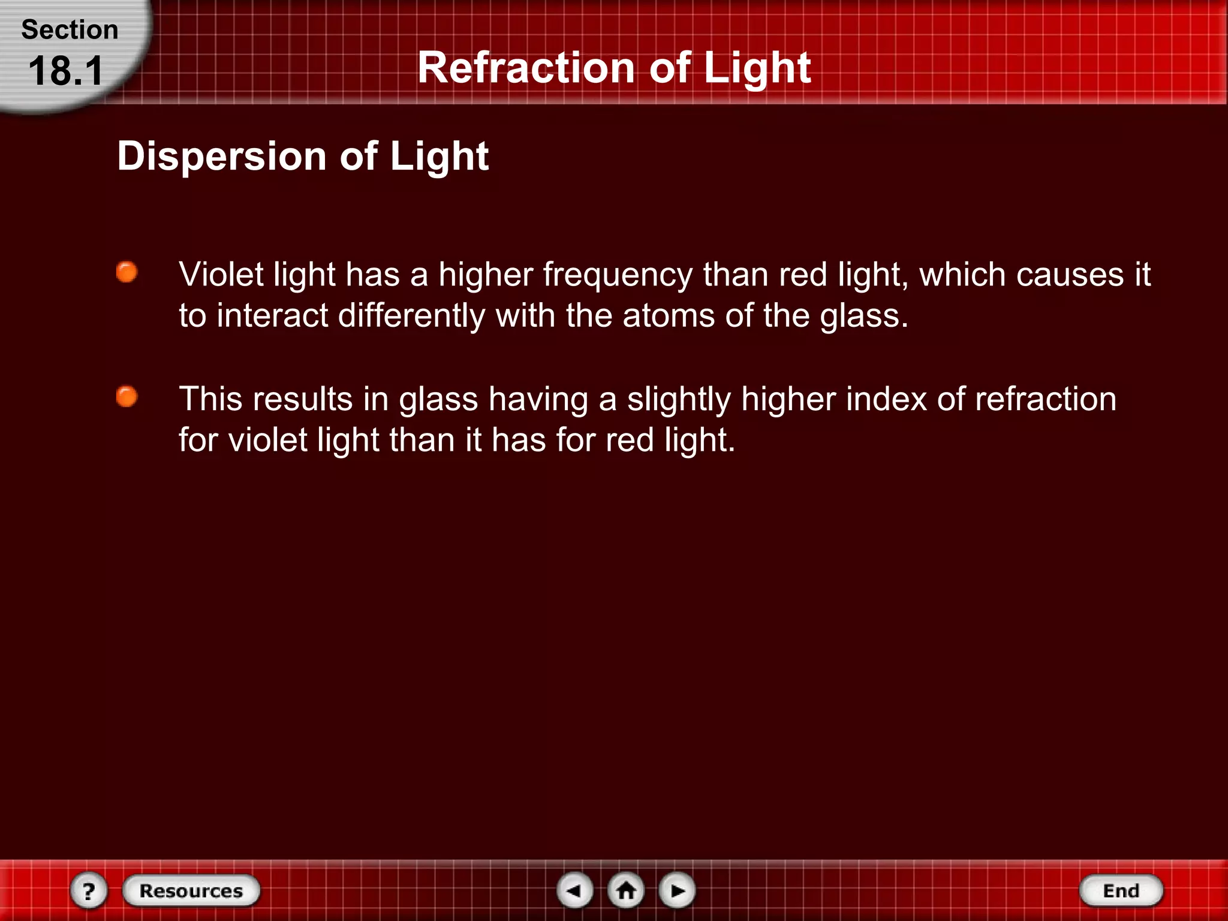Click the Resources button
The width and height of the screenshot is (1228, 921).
(x=191, y=890)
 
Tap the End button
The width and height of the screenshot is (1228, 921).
(x=1121, y=890)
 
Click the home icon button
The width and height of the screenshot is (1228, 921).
(x=627, y=890)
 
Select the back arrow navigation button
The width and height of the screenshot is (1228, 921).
(x=575, y=890)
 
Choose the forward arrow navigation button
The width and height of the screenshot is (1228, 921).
(x=678, y=890)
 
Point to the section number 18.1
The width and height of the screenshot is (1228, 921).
(x=66, y=71)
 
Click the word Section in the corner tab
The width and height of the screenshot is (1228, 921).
(x=70, y=29)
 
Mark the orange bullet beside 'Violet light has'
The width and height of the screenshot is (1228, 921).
(x=127, y=272)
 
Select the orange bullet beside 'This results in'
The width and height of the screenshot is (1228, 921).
(x=127, y=396)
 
